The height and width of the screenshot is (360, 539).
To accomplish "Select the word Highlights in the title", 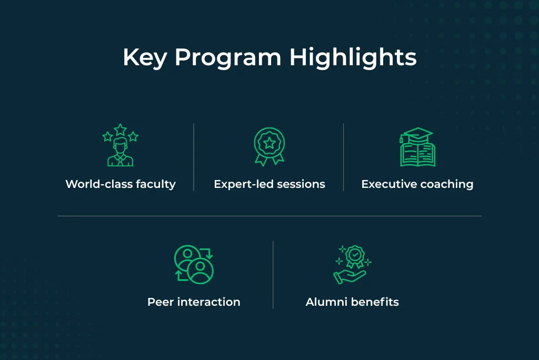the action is click(353, 57).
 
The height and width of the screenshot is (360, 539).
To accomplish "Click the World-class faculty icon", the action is click(121, 145).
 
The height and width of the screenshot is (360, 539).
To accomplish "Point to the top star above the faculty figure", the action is click(121, 129).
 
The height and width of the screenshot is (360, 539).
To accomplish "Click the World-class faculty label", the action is click(121, 184).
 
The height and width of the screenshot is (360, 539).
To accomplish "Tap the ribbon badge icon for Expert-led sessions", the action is click(269, 147).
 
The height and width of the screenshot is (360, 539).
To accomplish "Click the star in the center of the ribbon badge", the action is click(269, 142).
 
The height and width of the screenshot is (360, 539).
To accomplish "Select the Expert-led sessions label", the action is click(269, 184).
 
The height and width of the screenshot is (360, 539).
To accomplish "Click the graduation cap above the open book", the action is click(416, 134).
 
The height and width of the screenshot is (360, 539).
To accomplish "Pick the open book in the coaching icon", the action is click(417, 155).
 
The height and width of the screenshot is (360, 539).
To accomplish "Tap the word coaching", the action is click(447, 184).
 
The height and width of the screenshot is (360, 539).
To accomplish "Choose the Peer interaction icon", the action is click(194, 264).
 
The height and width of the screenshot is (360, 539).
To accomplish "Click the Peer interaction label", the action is click(194, 302).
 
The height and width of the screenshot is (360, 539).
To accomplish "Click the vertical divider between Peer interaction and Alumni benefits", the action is click(273, 275).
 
